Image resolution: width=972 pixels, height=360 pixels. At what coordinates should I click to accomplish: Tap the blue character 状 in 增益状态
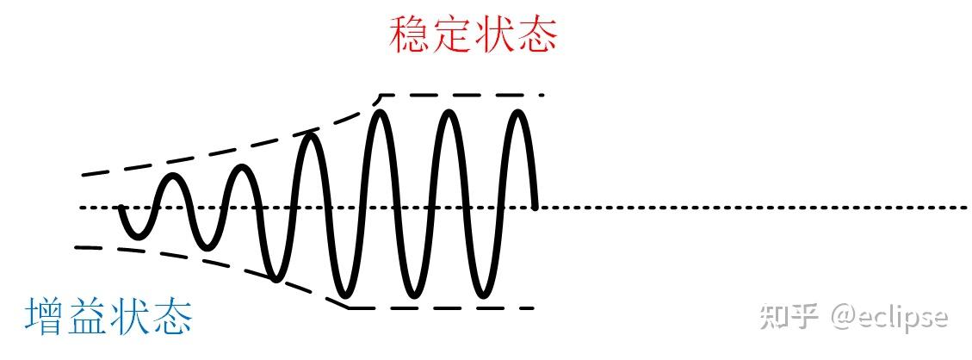(x=130, y=317)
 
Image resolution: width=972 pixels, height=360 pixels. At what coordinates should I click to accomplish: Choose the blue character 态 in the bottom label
(x=171, y=317)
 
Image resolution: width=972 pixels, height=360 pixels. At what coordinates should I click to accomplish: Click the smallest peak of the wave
(x=174, y=177)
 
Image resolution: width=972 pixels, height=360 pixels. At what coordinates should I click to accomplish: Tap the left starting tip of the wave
(x=121, y=208)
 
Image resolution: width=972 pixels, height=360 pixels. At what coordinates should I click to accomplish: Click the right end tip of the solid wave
(x=535, y=208)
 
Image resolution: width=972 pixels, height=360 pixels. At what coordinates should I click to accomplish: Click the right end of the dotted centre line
(x=966, y=208)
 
